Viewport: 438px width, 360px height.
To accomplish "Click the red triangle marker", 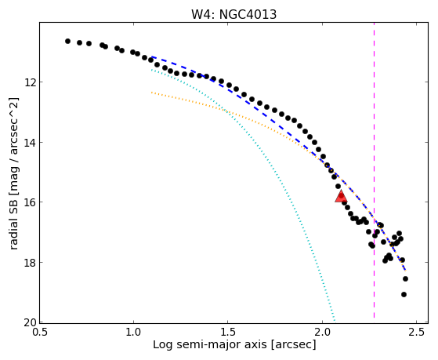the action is [x=341, y=196].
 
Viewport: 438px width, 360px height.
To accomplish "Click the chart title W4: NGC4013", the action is [x=233, y=14].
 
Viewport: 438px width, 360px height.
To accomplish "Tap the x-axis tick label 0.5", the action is [x=40, y=333].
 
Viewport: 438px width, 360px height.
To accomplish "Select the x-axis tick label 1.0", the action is [x=133, y=333].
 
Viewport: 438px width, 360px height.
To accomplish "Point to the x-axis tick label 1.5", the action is [x=228, y=333].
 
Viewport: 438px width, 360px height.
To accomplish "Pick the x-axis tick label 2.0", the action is [x=322, y=333].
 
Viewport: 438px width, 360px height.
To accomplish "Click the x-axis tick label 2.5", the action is [x=416, y=333].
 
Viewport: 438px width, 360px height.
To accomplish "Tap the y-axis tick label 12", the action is [x=29, y=82].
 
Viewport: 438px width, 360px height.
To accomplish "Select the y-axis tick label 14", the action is [x=29, y=143].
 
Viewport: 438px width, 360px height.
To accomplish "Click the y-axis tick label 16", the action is [x=29, y=202].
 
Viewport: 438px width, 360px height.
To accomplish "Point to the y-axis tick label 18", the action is [x=29, y=263].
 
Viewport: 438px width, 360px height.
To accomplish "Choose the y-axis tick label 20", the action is [x=29, y=322].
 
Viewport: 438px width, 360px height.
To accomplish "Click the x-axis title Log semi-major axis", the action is [x=210, y=345].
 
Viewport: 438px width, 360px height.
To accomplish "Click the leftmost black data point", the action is [x=67, y=41].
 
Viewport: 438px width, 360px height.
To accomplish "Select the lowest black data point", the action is [x=404, y=294].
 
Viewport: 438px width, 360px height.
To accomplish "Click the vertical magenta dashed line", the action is [x=374, y=173].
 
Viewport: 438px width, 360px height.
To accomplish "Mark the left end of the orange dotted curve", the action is [x=152, y=93].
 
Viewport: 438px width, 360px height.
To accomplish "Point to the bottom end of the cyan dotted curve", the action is [x=335, y=321].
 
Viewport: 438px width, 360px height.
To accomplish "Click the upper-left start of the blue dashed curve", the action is [x=152, y=56].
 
